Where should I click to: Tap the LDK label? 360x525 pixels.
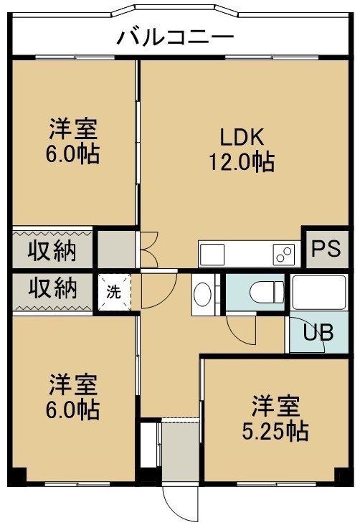pyautogui.click(x=242, y=137)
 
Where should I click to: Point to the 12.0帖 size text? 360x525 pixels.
pyautogui.click(x=242, y=161)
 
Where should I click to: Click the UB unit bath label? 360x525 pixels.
pyautogui.click(x=318, y=332)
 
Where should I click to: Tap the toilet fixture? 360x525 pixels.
pyautogui.click(x=267, y=292)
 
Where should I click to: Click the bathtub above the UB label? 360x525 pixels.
pyautogui.click(x=319, y=292)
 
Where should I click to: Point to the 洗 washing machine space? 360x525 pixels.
pyautogui.click(x=114, y=292)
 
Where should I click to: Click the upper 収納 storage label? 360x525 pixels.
pyautogui.click(x=52, y=250)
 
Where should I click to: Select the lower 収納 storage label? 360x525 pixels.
pyautogui.click(x=52, y=288)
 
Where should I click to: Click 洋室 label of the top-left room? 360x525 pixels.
pyautogui.click(x=73, y=128)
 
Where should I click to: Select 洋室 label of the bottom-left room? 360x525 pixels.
pyautogui.click(x=73, y=384)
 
